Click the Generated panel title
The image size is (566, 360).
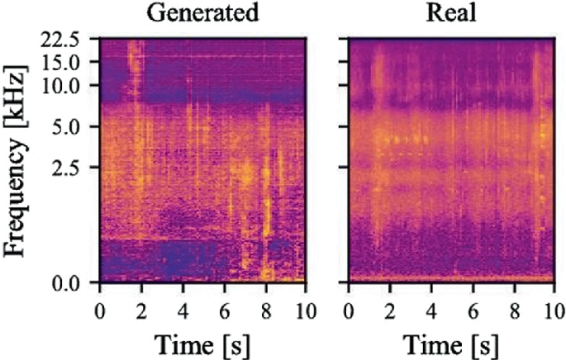(x=202, y=13)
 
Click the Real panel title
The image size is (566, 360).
(x=450, y=13)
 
